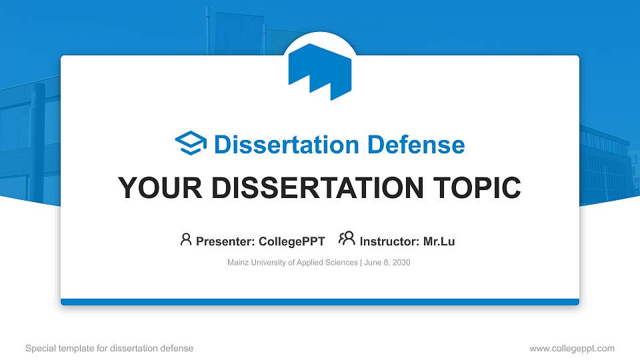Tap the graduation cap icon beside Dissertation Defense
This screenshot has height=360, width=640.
click(x=191, y=144)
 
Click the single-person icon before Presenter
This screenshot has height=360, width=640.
click(x=186, y=239)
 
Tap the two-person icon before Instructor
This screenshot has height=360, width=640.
click(x=347, y=239)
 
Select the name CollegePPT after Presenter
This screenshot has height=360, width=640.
click(x=293, y=241)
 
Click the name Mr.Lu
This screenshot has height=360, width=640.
click(x=439, y=241)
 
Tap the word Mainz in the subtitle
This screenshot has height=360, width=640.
click(x=238, y=263)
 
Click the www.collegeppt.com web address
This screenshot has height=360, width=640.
click(x=572, y=348)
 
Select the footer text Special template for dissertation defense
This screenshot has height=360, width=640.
click(x=109, y=348)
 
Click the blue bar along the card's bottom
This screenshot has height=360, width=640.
click(x=320, y=302)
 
